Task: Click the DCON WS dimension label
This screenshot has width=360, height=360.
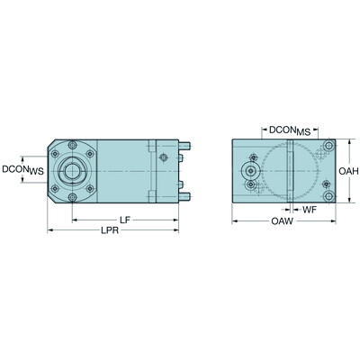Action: click(21, 168)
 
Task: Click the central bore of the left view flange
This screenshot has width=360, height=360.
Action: click(71, 171)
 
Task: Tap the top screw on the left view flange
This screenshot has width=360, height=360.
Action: click(72, 145)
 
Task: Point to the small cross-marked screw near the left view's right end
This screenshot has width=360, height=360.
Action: click(164, 158)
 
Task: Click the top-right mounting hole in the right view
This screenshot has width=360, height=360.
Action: click(329, 146)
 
